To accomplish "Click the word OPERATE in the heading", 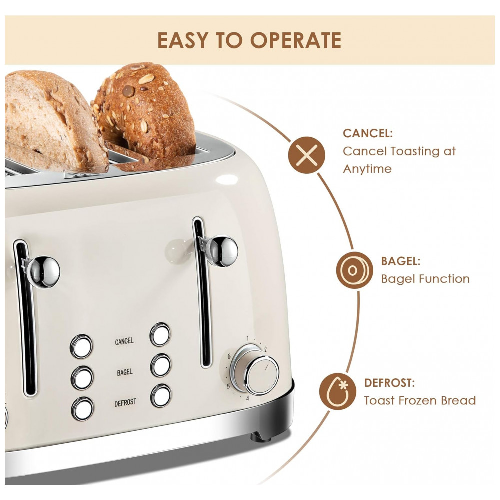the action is (296, 40).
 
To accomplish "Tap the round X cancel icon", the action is (307, 155).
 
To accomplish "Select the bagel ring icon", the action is (354, 270).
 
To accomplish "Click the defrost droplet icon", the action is (338, 391).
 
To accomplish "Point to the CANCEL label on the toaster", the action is (124, 341).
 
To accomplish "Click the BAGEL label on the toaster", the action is (124, 372).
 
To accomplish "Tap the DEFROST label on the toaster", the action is (125, 403).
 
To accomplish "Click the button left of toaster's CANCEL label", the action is (81, 346).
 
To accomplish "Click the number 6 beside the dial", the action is (229, 356).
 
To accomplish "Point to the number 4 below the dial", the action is (247, 398).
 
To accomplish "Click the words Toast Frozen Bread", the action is (420, 400).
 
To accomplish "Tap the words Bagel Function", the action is (425, 279).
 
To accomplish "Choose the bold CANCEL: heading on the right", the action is (367, 133).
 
